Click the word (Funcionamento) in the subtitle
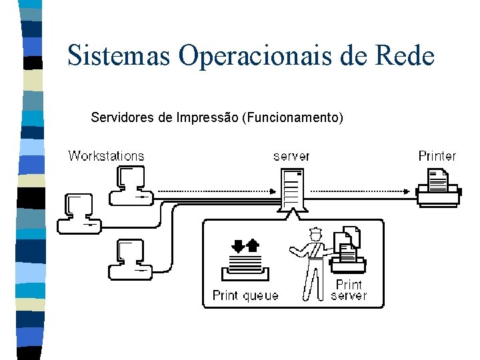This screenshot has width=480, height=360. click(x=293, y=119)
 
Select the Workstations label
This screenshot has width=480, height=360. click(x=106, y=156)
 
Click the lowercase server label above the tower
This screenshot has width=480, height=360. click(x=291, y=156)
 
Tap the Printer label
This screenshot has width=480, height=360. click(x=437, y=156)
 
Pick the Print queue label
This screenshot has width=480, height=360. click(x=245, y=295)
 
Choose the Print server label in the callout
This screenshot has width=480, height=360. click(x=349, y=290)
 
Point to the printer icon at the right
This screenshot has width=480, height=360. click(x=438, y=187)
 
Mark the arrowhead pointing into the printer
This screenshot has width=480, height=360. click(x=408, y=191)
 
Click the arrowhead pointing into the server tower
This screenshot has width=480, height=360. click(x=273, y=191)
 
